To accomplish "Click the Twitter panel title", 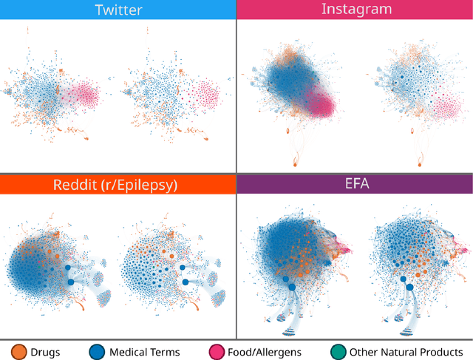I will coord(118,10).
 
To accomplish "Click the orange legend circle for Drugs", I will coord(18,352).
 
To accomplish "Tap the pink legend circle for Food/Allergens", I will coord(218,352).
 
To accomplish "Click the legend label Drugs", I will coord(47,352).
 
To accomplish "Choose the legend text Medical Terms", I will coord(144,352).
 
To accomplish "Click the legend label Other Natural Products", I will coord(406,352).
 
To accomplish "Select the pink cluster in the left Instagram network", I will coord(321,102).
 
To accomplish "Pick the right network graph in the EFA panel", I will coord(414,259).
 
